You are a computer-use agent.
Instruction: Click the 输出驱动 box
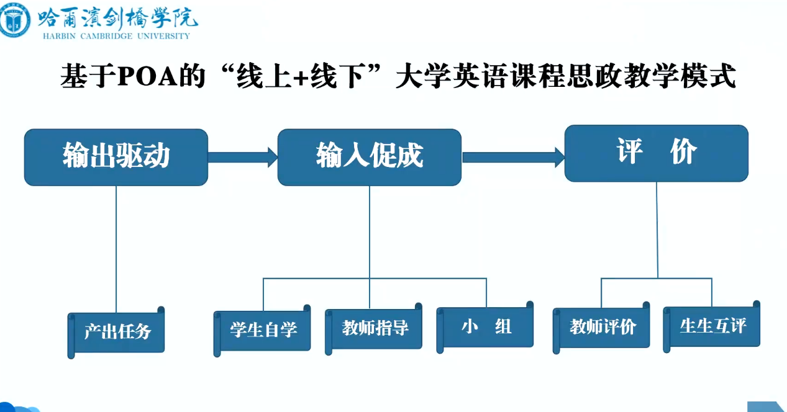(x=116, y=157)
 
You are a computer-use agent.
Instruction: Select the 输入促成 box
(x=369, y=157)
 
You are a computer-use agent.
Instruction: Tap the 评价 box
(x=657, y=153)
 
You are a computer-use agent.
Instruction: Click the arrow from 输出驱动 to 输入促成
(x=243, y=157)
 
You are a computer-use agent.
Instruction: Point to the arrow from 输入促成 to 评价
(x=513, y=157)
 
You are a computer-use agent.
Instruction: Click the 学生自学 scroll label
(x=262, y=331)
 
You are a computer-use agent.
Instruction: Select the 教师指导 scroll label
(x=373, y=329)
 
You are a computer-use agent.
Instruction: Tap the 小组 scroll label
(x=485, y=327)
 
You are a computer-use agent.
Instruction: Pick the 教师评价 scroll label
(x=601, y=328)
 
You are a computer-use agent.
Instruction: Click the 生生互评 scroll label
(x=711, y=327)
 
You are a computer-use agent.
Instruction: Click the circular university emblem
(x=14, y=20)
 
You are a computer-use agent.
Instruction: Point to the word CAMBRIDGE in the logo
(x=106, y=36)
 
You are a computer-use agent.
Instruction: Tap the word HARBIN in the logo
(x=59, y=36)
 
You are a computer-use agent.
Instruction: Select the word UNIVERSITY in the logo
(x=164, y=36)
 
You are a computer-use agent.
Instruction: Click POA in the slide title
(x=148, y=76)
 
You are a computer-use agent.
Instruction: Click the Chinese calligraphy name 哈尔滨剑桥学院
(x=117, y=17)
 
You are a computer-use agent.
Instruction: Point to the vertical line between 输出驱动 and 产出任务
(x=116, y=249)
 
